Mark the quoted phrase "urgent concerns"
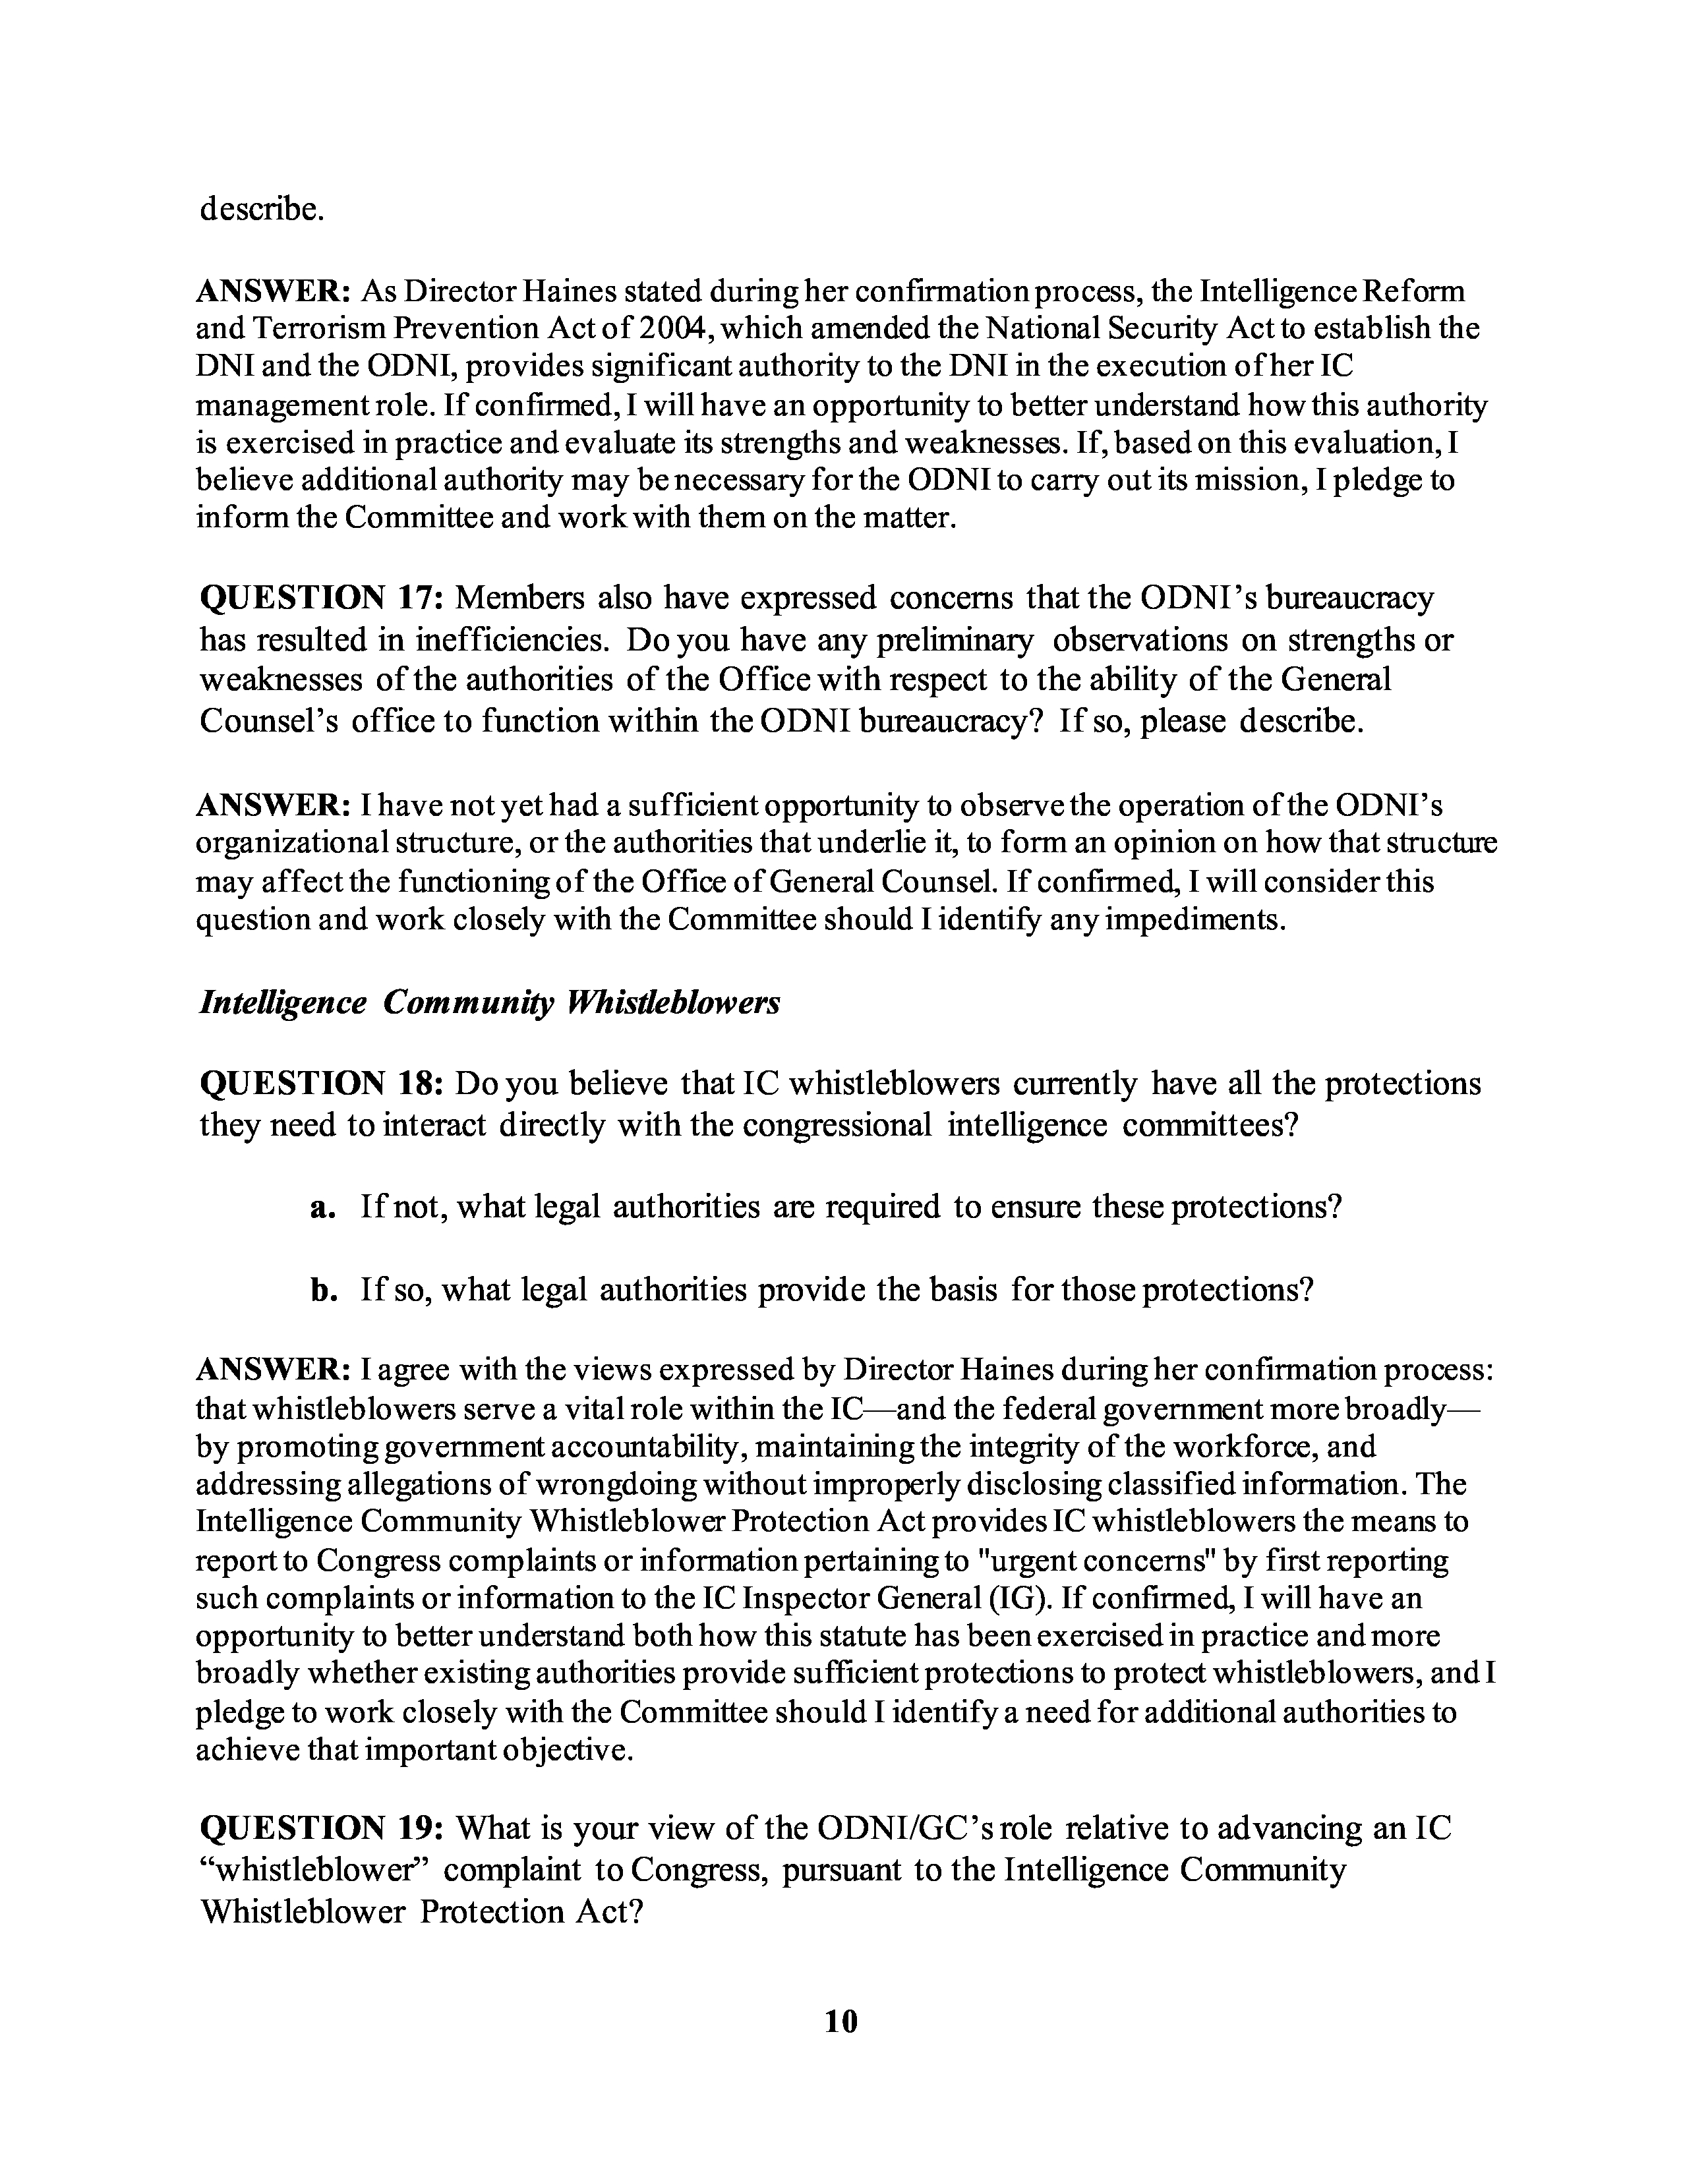point(1096,1559)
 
